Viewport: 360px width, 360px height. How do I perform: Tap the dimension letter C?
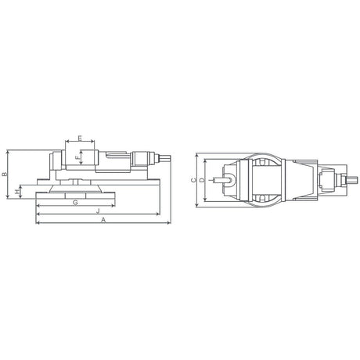[193, 180]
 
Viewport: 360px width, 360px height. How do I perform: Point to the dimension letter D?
[202, 180]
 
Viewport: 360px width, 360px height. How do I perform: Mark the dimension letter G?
[75, 202]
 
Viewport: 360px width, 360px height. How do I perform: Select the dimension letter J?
[97, 211]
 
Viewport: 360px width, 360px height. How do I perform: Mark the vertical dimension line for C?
[197, 180]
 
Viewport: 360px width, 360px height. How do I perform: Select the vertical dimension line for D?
[207, 180]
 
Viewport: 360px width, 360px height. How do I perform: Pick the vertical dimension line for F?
[81, 157]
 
